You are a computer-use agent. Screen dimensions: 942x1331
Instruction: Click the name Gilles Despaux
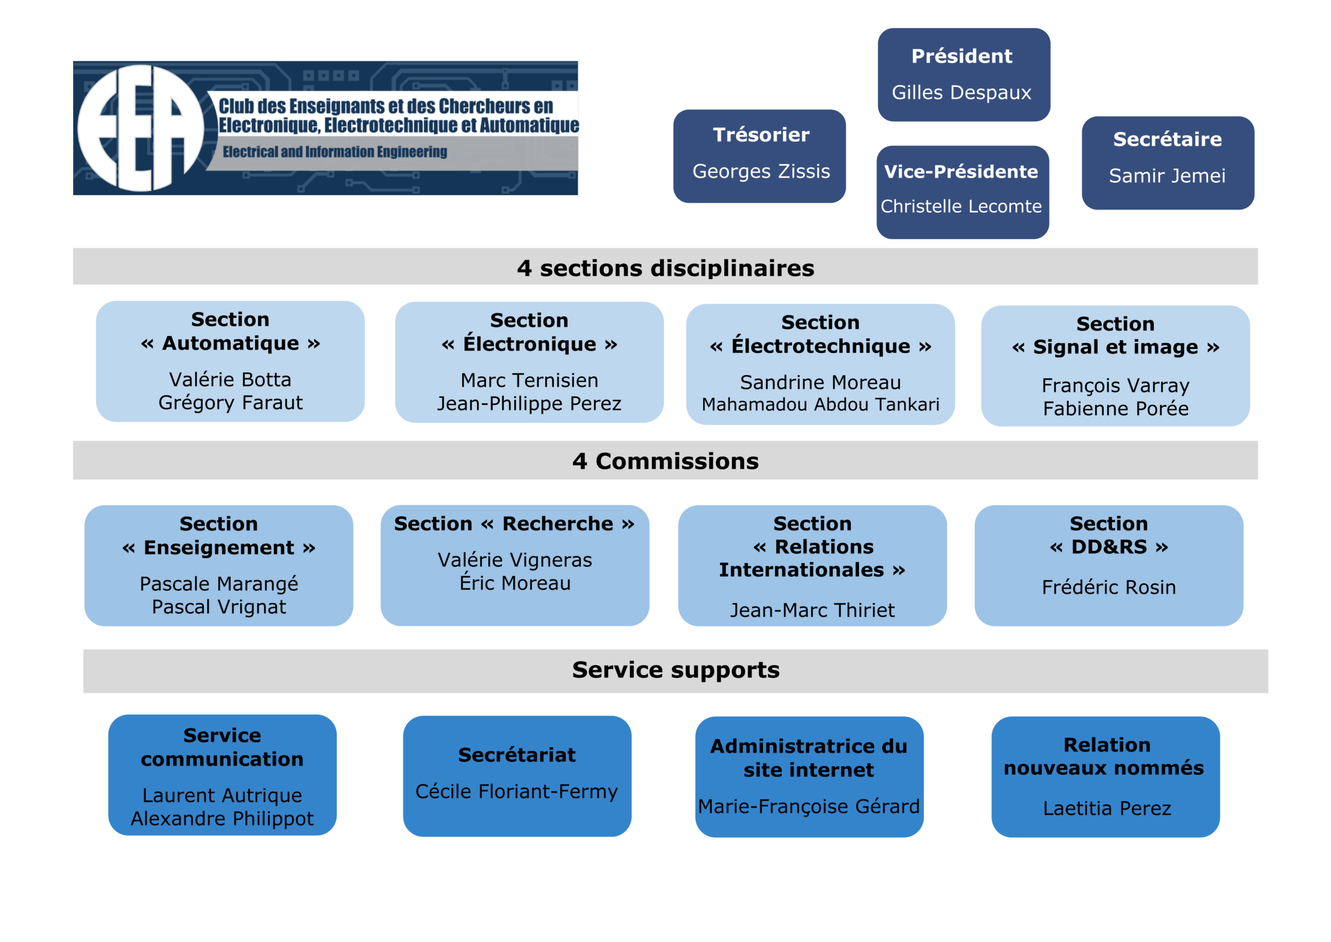click(961, 92)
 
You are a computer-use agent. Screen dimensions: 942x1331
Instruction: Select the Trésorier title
click(761, 135)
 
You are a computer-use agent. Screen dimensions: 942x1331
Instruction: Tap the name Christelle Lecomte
click(961, 206)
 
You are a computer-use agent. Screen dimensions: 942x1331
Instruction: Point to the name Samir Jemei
click(1167, 175)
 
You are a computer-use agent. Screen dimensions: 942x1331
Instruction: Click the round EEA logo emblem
click(140, 127)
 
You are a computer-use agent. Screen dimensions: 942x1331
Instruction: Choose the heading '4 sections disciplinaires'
click(665, 268)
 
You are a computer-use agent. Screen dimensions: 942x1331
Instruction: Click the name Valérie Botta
click(230, 379)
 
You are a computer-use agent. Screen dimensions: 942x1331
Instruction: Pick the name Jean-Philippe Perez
click(529, 403)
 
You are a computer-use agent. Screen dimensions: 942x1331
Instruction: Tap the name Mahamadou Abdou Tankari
click(820, 404)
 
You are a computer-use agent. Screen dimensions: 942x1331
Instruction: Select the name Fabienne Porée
click(1115, 408)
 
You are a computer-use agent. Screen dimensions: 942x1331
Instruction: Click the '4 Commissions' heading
click(665, 461)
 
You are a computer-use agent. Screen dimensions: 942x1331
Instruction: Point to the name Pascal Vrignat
click(218, 607)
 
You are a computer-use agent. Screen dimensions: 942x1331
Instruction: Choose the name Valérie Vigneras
click(515, 560)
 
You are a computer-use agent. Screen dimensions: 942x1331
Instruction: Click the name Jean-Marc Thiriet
click(812, 610)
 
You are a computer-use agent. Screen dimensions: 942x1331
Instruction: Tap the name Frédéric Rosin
click(1108, 587)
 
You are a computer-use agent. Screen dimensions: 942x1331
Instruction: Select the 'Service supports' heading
click(675, 670)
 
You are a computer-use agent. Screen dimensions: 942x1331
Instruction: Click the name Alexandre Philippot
click(222, 818)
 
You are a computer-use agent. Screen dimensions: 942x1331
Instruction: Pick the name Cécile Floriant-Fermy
click(516, 791)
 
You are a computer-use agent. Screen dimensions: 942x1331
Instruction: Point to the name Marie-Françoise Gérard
click(808, 806)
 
